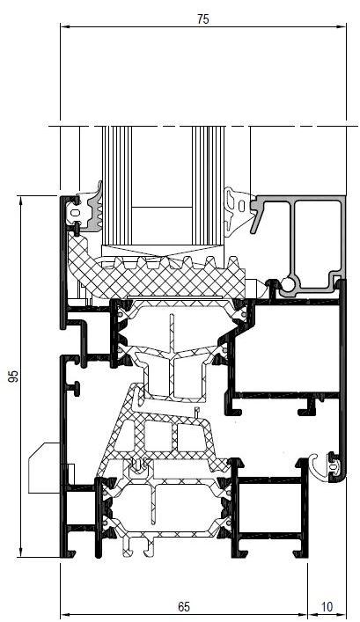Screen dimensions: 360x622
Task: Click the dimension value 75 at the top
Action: point(202,18)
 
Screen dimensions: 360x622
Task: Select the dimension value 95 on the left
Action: point(14,376)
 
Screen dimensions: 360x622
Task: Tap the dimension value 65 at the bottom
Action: point(184,606)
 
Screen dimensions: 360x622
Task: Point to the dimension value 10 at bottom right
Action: point(327,606)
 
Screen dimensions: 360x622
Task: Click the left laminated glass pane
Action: point(117,187)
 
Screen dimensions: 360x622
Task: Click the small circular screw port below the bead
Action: point(288,285)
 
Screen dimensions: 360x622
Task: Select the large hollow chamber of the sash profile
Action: point(287,348)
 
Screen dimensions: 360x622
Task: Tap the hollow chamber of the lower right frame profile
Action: point(271,505)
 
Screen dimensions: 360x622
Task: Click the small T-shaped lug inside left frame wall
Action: point(75,388)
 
